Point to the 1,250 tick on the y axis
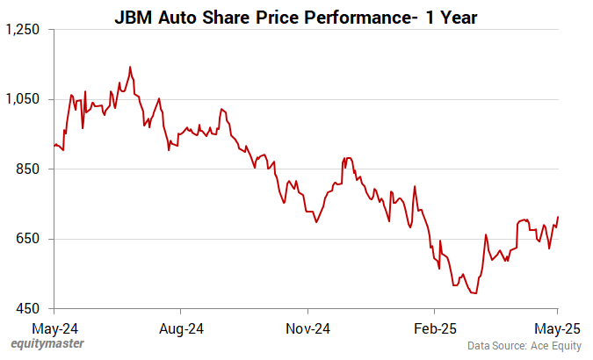tap(23, 29)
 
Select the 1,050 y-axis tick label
tap(23, 99)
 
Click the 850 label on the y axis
tap(29, 169)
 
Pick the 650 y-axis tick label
tap(29, 239)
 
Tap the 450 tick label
tap(29, 309)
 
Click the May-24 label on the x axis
tap(54, 328)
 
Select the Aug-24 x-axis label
tap(181, 328)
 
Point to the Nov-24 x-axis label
tap(308, 328)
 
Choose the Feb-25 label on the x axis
tap(434, 328)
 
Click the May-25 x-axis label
tap(557, 328)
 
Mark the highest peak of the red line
tap(130, 67)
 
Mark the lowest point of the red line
tap(474, 293)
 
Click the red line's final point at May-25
tap(558, 217)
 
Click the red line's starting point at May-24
tap(54, 146)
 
